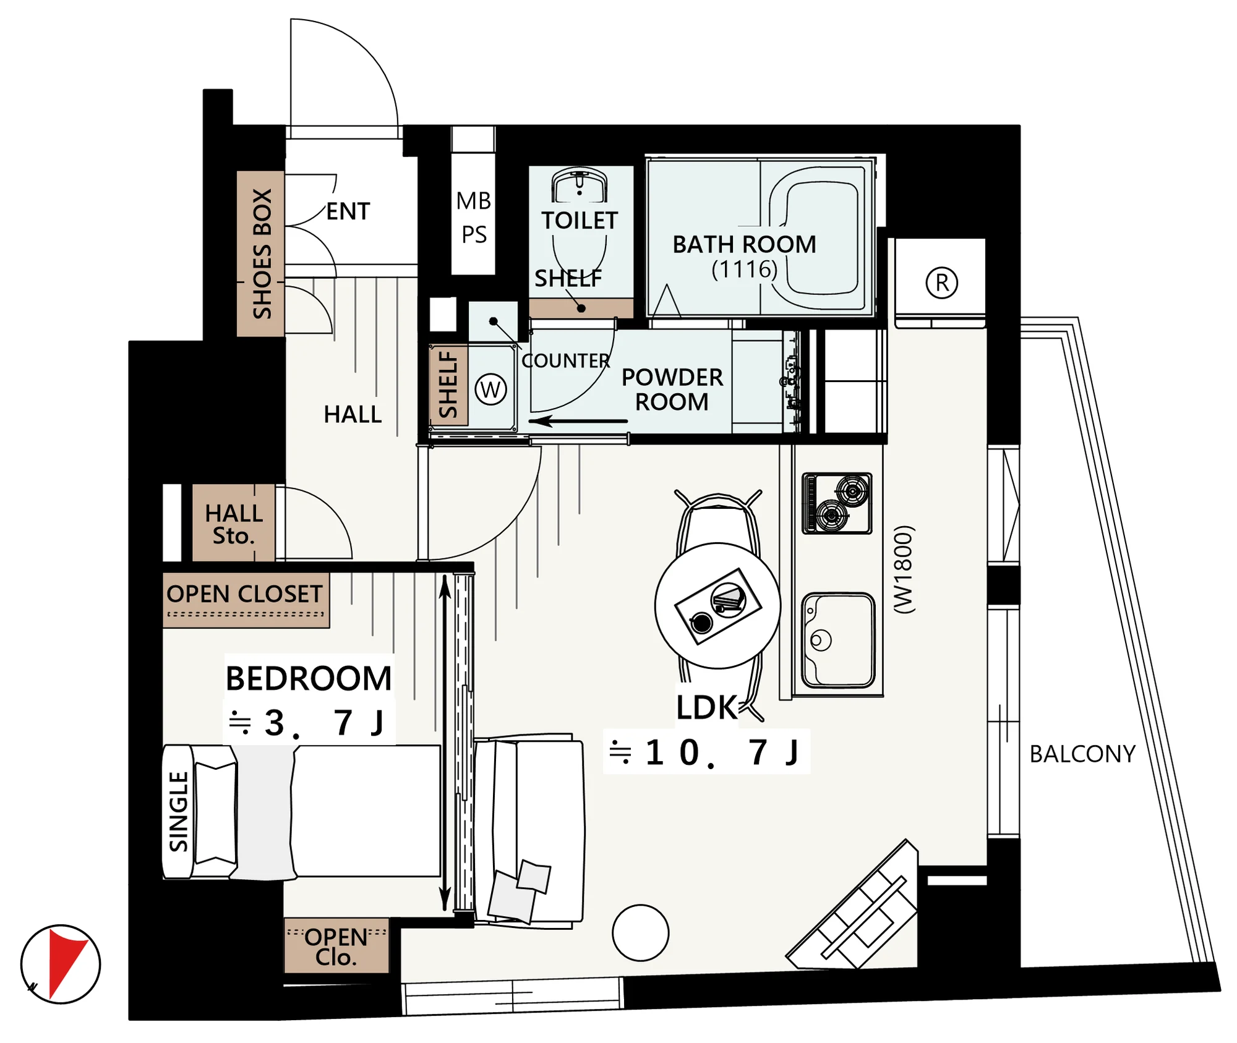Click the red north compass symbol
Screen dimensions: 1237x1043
[x=61, y=964]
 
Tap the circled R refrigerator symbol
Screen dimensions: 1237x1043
[x=941, y=283]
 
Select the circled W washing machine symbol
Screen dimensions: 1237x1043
[x=490, y=390]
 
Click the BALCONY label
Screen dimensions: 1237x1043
[x=1082, y=754]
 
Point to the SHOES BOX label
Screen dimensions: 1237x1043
[x=262, y=253]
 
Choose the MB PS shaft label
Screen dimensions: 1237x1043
[x=474, y=217]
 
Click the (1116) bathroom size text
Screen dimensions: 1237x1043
[x=744, y=269]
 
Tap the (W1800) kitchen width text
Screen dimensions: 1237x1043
[x=904, y=569]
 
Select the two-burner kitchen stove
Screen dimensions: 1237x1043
[x=837, y=503]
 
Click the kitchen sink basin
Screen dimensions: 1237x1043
[x=838, y=641]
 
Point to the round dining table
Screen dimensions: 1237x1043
[x=717, y=606]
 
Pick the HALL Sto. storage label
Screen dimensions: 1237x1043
[x=234, y=524]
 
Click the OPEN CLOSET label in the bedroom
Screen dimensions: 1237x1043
[x=244, y=594]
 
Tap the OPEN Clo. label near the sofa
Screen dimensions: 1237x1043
[x=336, y=947]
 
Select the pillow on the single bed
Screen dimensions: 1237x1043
[x=215, y=812]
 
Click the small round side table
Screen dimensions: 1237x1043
[x=641, y=933]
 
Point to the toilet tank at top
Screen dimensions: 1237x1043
[x=580, y=185]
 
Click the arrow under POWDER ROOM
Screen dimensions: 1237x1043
[x=578, y=422]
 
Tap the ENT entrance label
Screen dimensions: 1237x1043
[x=348, y=211]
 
